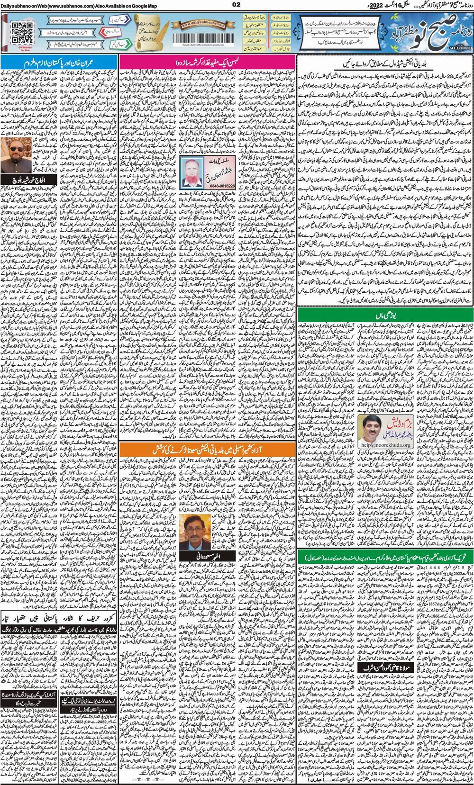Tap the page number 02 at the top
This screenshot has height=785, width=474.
[x=237, y=5]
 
